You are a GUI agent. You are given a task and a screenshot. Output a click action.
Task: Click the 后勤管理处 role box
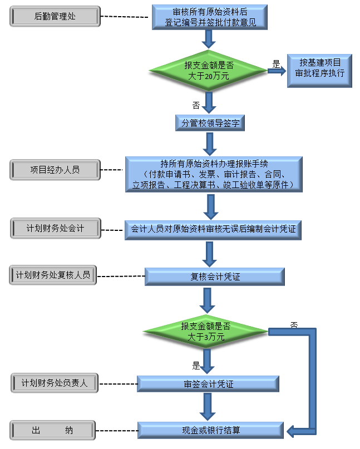(55, 17)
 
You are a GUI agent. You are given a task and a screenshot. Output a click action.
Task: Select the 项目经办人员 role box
(55, 169)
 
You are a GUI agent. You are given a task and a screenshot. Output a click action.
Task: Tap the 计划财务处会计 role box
(55, 228)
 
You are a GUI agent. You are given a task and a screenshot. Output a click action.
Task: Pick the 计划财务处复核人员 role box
(53, 275)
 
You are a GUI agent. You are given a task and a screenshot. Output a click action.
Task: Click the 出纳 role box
(53, 430)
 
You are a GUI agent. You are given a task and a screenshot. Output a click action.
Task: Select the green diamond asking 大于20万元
(209, 71)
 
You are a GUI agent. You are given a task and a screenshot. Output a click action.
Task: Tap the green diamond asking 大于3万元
(206, 332)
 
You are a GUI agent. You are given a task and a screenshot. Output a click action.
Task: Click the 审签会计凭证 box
(208, 384)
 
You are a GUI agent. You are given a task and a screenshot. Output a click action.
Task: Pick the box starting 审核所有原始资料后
(210, 17)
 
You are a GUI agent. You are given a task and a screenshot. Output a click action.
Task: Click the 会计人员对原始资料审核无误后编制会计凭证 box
(213, 229)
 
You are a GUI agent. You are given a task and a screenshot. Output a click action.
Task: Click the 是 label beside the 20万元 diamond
(276, 63)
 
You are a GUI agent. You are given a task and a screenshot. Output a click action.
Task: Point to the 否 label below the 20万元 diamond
(196, 104)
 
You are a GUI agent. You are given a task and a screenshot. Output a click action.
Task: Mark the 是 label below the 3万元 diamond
(196, 366)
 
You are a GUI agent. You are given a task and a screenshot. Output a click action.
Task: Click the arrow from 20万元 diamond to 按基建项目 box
(276, 71)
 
